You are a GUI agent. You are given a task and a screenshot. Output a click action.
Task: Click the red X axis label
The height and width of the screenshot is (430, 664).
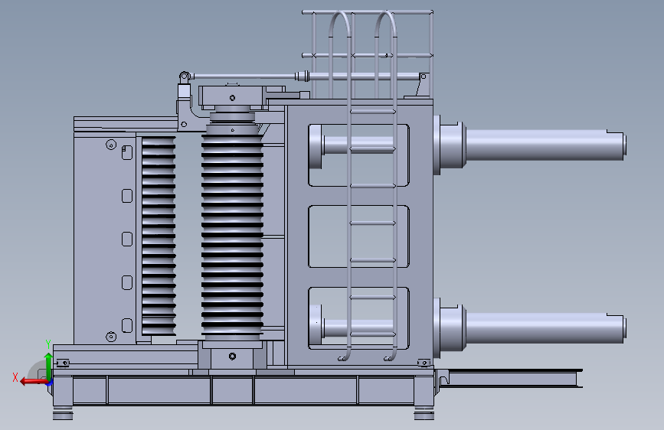(15, 377)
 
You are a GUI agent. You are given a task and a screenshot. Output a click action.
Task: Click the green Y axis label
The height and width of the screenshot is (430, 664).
(48, 344)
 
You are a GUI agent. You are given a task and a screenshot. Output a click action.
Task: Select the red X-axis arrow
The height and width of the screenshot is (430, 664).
(34, 382)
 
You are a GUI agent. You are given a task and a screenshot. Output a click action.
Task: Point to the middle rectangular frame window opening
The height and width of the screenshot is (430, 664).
(358, 236)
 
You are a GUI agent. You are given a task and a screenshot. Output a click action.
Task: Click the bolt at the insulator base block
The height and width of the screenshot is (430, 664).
(232, 357)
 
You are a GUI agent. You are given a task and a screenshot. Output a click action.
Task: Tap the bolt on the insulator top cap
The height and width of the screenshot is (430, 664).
(232, 98)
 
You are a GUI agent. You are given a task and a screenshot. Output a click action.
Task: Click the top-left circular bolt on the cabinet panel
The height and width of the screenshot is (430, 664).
(111, 145)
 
